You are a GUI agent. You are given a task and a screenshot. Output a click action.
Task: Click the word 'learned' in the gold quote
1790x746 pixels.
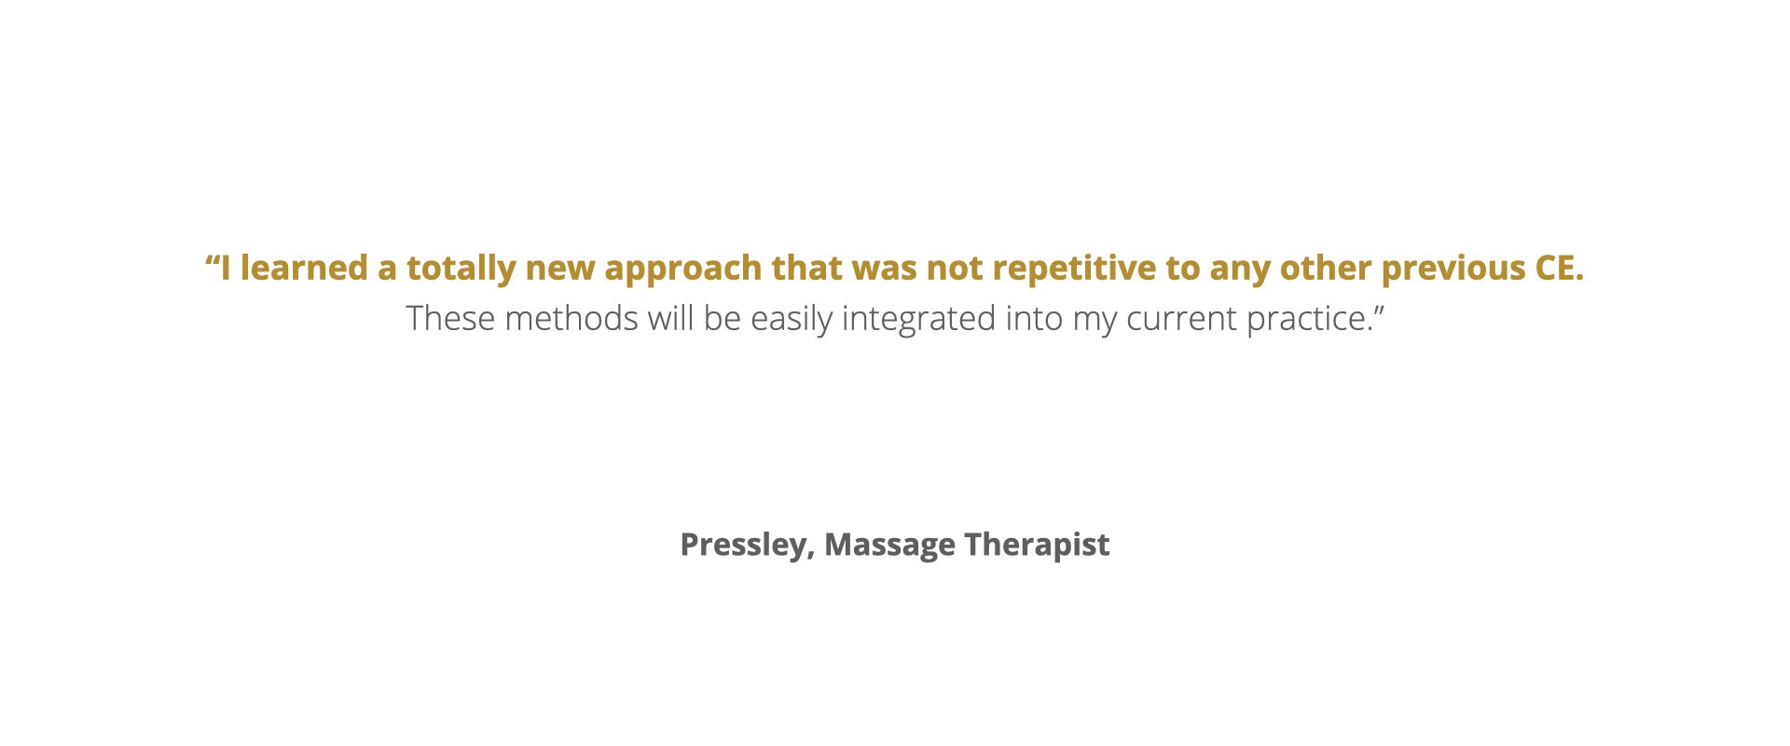(x=304, y=269)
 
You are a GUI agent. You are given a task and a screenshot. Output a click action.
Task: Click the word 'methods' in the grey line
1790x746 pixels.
(x=571, y=319)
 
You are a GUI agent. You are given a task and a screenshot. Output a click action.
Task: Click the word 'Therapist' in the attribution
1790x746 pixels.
(x=1038, y=546)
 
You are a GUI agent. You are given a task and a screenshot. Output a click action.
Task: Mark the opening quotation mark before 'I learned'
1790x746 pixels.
(x=212, y=260)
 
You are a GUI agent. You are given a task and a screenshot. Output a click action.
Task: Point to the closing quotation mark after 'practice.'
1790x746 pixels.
(x=1379, y=311)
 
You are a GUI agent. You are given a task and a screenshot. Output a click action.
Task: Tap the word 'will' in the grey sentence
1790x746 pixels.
(x=670, y=319)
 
